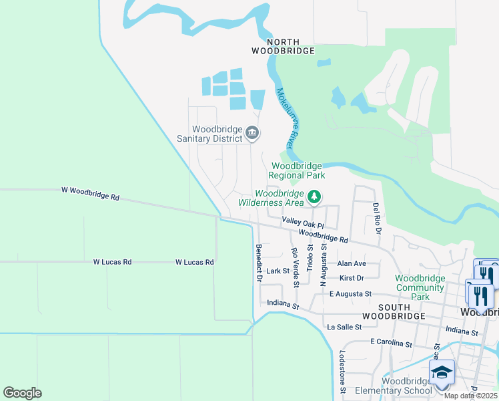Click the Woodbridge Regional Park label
[297, 170]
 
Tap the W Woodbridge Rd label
[91, 193]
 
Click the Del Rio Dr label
[377, 219]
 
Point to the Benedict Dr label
[258, 263]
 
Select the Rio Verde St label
[295, 267]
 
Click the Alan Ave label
[352, 264]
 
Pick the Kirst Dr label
[352, 277]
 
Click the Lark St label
[278, 271]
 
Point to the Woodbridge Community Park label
[420, 287]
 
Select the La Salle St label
[344, 327]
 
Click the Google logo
[22, 393]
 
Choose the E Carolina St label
[392, 343]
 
